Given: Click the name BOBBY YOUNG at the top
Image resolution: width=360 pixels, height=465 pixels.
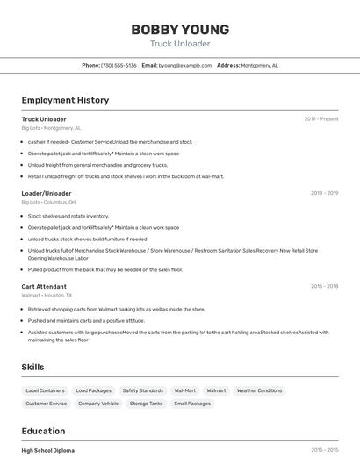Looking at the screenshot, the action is coord(180,30).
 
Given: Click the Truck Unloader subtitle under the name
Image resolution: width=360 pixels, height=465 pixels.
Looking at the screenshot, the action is coord(180,44).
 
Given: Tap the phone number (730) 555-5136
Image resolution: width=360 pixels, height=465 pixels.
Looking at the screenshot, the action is coord(119,65).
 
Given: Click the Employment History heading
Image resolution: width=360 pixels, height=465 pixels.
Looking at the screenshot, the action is coord(65,100).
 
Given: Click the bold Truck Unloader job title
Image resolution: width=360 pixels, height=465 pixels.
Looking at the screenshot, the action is coord(44,119).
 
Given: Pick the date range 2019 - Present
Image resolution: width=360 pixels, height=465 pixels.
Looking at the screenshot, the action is coord(321,119).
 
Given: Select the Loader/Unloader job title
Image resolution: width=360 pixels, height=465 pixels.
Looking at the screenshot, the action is coord(47,193).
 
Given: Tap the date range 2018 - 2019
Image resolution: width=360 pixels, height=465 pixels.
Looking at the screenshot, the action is coord(324,193).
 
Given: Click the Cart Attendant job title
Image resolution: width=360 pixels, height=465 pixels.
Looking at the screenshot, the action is coord(44,286).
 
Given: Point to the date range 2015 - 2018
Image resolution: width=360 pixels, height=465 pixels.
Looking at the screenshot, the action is coord(324,286).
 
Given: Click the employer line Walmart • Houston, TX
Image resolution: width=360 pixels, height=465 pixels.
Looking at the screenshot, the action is coord(47,296).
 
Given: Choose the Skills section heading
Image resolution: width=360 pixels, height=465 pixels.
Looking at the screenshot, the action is coord(32,367).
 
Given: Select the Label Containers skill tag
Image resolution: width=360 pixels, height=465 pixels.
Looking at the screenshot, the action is coord(45,390).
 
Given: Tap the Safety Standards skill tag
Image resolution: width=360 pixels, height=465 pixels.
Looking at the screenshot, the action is coord(142,390).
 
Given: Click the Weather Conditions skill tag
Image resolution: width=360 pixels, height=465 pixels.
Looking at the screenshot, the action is coord(259,390).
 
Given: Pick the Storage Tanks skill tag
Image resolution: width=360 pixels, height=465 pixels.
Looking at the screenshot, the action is coord(146,404).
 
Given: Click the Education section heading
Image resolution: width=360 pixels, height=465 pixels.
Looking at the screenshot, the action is coord(43,431).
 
